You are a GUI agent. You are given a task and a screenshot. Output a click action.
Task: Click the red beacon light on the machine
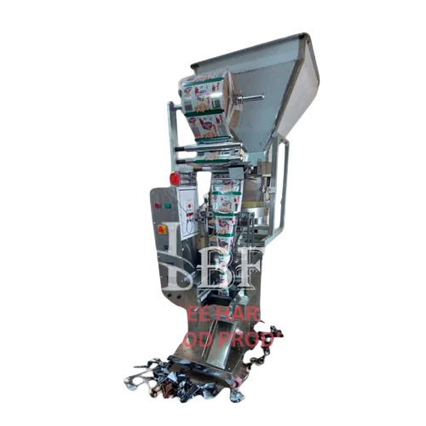175,178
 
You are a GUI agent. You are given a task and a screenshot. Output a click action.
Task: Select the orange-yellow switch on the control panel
162,227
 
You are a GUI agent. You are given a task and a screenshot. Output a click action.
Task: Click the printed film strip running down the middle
222,213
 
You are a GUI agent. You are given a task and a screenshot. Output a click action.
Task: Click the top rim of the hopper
247,48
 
